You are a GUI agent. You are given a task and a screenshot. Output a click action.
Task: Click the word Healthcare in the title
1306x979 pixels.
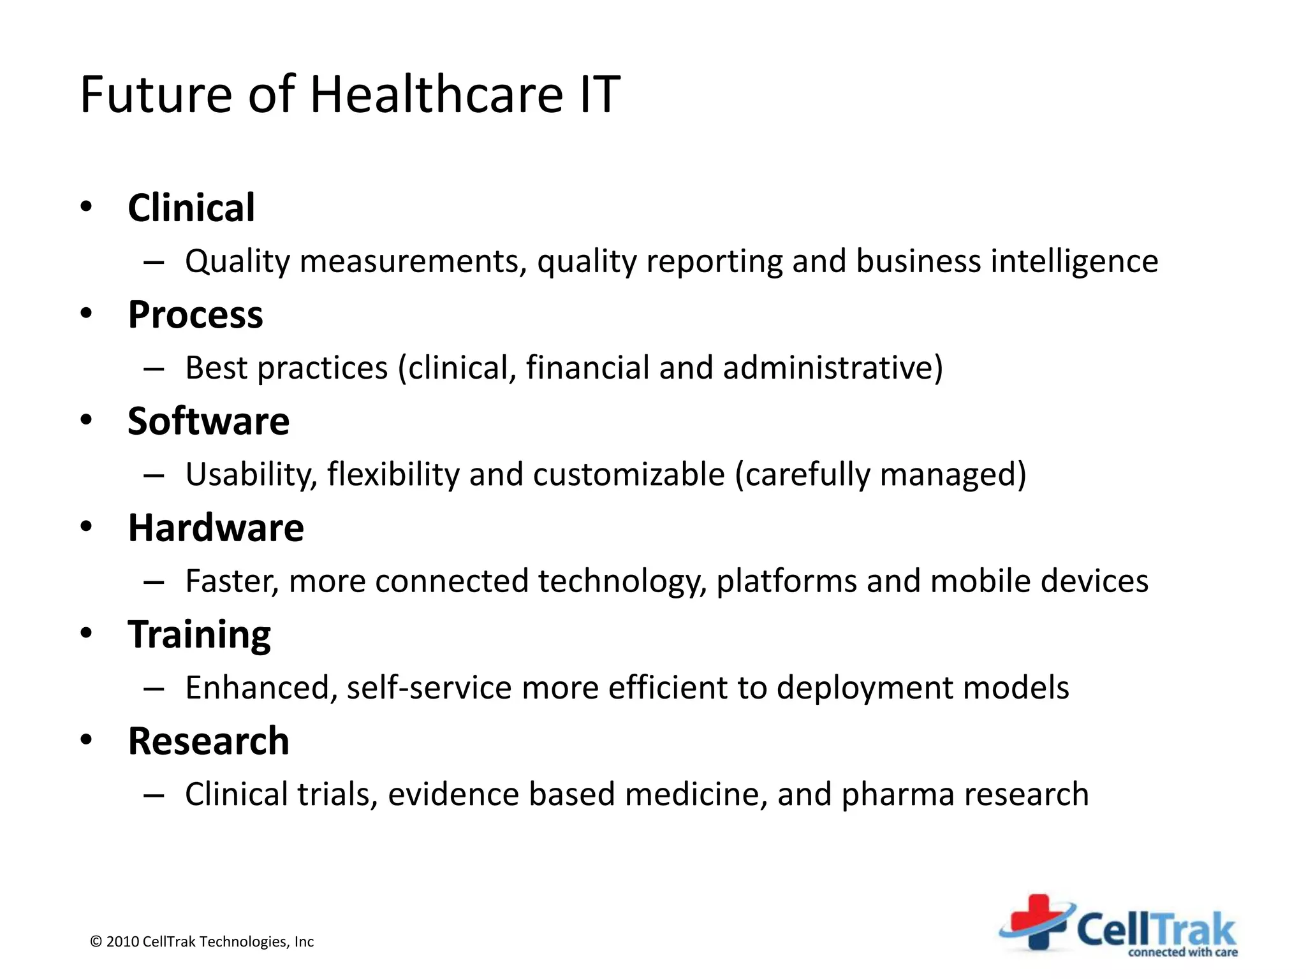tap(436, 94)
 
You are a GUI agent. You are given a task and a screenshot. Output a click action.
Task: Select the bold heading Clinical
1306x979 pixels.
tap(191, 208)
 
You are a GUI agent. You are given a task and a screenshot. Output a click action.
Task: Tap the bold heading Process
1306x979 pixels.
tap(195, 315)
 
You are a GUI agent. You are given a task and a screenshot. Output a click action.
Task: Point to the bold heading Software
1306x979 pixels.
tap(209, 421)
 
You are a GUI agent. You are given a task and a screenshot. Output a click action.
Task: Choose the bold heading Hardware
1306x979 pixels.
tap(216, 528)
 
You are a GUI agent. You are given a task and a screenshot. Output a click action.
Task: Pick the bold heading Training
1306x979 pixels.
tap(199, 635)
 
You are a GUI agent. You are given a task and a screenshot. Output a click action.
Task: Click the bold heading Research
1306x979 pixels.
tap(209, 741)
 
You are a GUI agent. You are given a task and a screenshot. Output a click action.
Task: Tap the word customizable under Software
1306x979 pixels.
tap(629, 475)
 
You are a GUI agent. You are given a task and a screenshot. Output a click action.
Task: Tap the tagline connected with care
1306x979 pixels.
tap(1182, 952)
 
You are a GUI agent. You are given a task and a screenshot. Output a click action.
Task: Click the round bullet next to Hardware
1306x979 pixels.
tap(87, 526)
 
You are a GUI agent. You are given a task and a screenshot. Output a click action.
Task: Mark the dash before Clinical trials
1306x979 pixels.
tap(154, 795)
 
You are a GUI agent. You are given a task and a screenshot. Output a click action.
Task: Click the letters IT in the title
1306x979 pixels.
tap(599, 94)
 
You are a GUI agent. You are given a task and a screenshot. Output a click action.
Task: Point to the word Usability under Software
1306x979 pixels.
tap(251, 475)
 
